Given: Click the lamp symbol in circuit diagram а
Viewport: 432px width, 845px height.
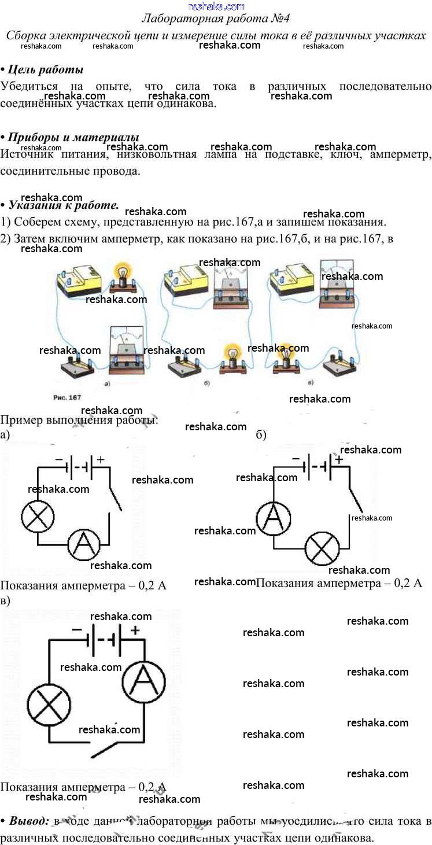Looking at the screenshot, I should [38, 516].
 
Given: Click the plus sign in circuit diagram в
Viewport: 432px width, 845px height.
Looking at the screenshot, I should [135, 630].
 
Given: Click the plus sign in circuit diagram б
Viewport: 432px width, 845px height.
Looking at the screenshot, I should [339, 459].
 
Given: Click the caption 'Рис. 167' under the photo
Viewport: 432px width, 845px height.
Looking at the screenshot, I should [67, 398].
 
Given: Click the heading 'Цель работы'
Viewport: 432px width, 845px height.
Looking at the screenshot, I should [45, 69].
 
